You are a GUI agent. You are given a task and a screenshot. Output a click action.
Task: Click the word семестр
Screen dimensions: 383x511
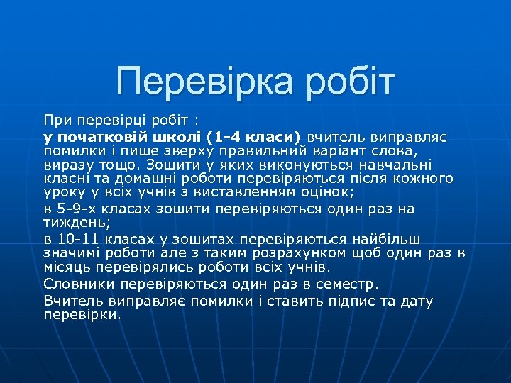pyautogui.click(x=348, y=284)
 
